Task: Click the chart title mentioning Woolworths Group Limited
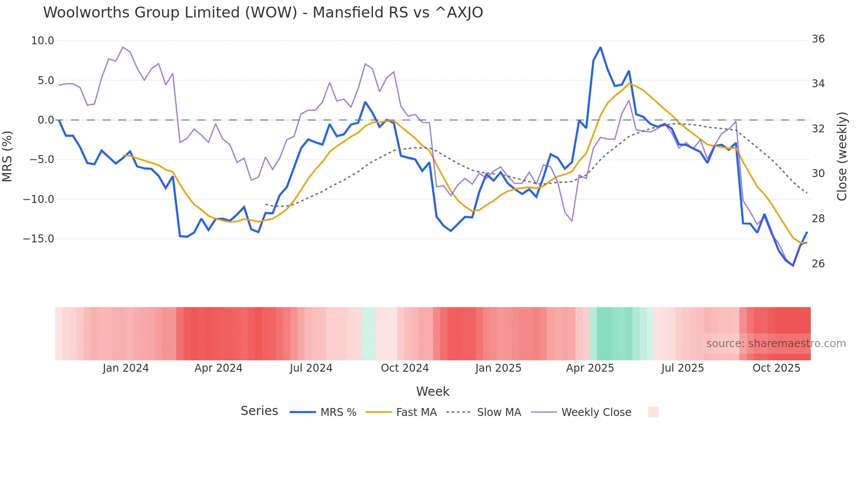coord(263,13)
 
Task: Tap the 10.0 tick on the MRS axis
coord(43,41)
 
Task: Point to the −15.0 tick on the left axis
coord(39,239)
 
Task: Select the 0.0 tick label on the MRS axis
coord(46,120)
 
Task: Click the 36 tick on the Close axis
coord(818,39)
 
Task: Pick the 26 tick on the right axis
coord(818,264)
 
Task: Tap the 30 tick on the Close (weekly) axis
coord(818,174)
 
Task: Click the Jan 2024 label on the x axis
coord(126,368)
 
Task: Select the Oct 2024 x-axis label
coord(405,368)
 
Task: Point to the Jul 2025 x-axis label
coord(682,368)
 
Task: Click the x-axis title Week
coord(433,391)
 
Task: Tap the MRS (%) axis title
coord(7,156)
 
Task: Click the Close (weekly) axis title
coord(842,156)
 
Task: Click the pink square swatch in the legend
coord(653,412)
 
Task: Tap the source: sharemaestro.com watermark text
coord(776,344)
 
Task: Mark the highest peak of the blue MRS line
coord(600,47)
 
